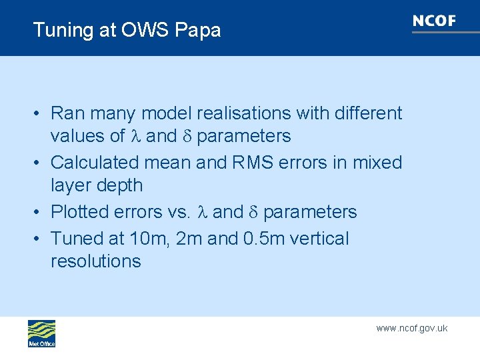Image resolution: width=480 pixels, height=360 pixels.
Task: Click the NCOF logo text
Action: coord(434,21)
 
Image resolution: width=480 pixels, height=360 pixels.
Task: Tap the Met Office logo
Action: coord(41,333)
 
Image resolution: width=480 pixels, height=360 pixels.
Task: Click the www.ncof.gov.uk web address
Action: coord(411,328)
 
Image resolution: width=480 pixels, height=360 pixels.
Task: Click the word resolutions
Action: coord(96,261)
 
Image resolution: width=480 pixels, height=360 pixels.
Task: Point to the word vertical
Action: coord(323,239)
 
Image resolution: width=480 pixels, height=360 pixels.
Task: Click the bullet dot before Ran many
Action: coord(39,113)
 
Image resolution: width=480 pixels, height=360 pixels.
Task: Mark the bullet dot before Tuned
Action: coord(39,239)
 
